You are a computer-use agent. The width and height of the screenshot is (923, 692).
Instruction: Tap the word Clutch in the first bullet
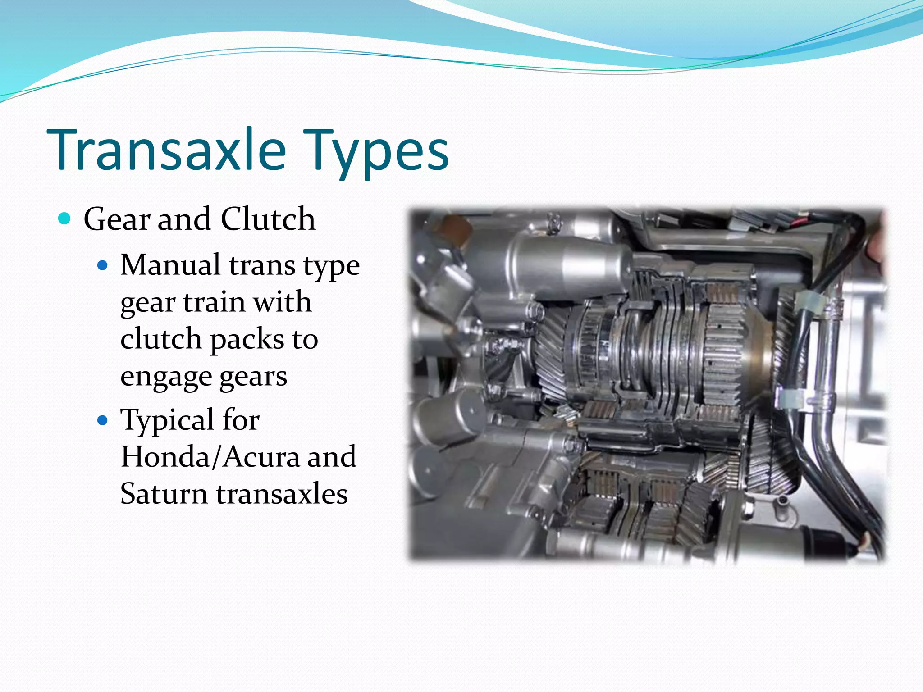(268, 219)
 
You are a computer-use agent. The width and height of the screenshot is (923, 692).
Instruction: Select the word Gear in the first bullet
(117, 219)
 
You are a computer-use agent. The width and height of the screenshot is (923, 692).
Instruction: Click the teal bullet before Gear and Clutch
(65, 219)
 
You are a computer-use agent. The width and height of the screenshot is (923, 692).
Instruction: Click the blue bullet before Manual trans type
(103, 265)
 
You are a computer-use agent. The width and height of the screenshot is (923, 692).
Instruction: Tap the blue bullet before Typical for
(103, 420)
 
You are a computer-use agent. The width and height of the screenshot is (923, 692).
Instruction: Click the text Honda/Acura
(210, 457)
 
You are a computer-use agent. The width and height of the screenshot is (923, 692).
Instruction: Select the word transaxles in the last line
(282, 494)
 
